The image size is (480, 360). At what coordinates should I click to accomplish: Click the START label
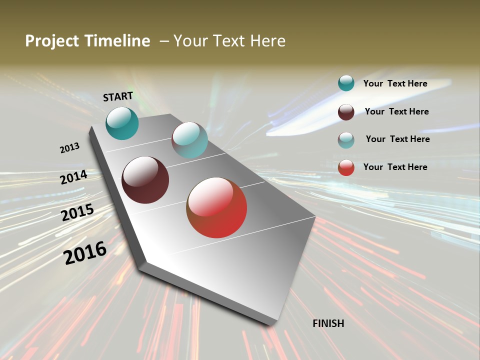point(118,96)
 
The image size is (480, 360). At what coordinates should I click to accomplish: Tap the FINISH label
point(328,323)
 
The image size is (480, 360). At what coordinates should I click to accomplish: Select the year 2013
point(69,148)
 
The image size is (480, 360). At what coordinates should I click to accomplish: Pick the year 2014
point(74,177)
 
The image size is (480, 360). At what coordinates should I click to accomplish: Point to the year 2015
point(77,212)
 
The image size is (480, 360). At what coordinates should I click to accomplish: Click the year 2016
point(85,252)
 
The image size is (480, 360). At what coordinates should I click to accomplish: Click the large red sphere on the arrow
point(216,207)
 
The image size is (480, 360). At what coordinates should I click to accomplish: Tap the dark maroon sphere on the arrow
point(145,180)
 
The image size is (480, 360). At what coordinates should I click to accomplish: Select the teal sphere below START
point(122,123)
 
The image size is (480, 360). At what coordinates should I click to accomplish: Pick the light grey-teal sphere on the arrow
point(189,140)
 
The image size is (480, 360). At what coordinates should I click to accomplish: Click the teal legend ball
point(346,83)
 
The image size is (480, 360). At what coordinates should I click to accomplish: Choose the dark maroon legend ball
point(346,111)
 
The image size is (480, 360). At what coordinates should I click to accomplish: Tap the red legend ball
point(346,167)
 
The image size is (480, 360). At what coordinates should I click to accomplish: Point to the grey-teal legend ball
point(346,140)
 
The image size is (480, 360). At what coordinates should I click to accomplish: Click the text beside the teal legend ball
point(395,83)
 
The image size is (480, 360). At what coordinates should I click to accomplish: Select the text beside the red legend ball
point(395,167)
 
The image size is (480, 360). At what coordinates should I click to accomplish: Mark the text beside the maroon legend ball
point(396,111)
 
